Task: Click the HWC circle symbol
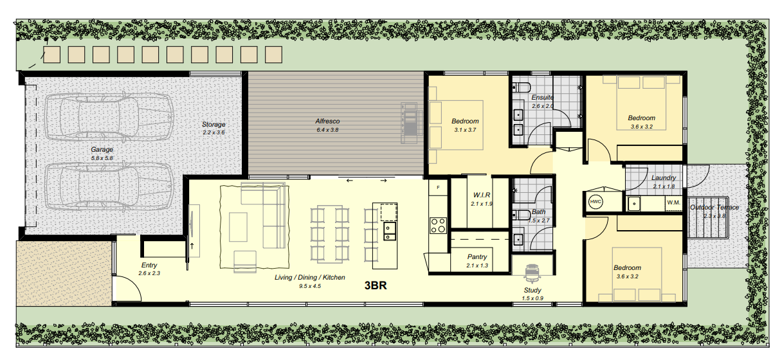[596, 202]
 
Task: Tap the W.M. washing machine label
[673, 203]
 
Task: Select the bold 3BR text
[376, 285]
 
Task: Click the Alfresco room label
[327, 121]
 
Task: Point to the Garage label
[102, 149]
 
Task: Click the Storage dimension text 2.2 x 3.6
[214, 132]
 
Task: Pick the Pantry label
[477, 256]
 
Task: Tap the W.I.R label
[482, 195]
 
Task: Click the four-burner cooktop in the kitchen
[438, 225]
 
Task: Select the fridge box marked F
[438, 188]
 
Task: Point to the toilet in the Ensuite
[522, 87]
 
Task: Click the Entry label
[149, 265]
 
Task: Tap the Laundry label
[664, 178]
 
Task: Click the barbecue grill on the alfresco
[409, 123]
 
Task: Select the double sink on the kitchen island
[389, 231]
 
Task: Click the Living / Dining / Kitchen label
[310, 277]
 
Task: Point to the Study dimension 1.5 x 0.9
[532, 298]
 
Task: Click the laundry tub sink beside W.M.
[634, 204]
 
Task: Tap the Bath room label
[539, 212]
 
